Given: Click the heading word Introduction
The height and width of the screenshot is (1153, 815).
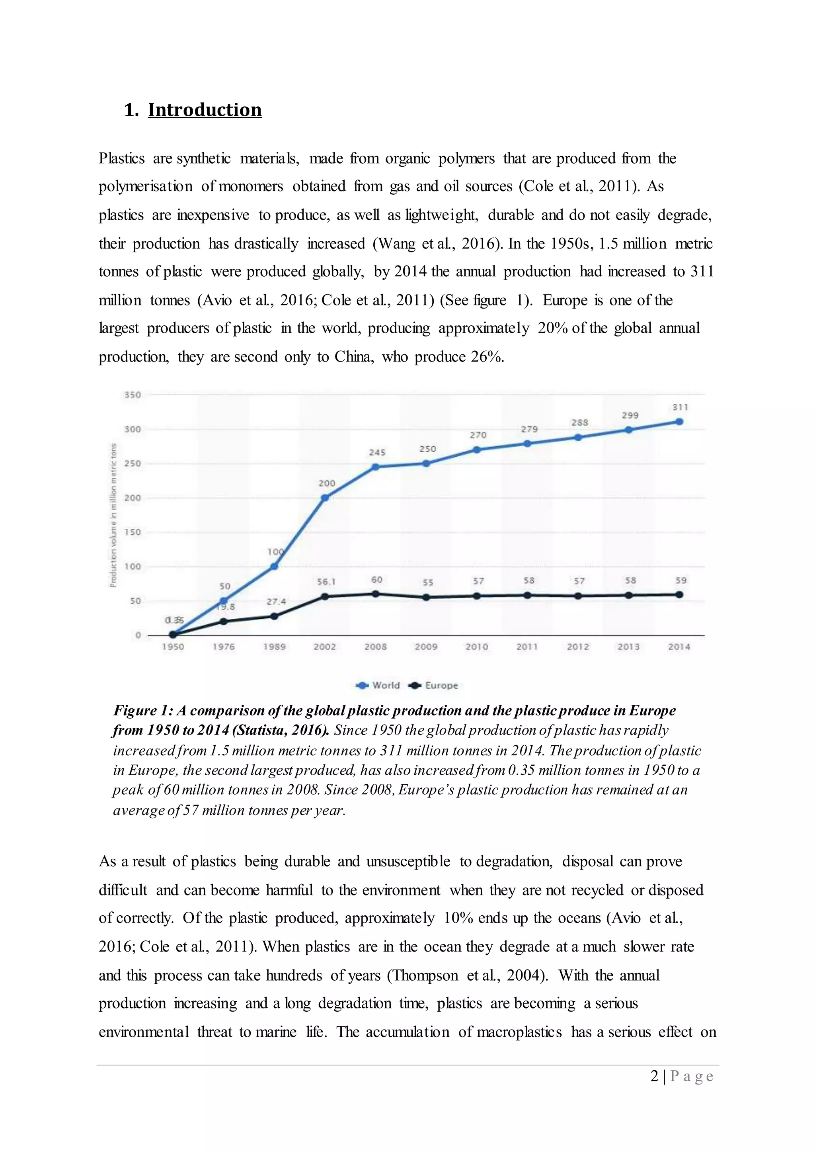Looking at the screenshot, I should point(205,110).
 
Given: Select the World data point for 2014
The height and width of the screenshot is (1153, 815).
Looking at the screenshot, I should point(679,422).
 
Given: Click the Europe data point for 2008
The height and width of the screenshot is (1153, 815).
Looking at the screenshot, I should point(375,594).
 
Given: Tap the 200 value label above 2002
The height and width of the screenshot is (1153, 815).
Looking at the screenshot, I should point(327,483).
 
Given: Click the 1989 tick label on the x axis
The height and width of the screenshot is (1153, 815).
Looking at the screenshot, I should point(275,647).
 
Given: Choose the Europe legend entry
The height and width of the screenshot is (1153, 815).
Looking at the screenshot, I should point(434,686).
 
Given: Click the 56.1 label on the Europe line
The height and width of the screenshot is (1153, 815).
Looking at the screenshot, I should point(326,582).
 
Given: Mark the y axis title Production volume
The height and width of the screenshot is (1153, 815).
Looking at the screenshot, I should point(113,515).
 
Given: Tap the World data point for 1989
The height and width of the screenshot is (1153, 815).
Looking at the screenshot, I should point(275,567).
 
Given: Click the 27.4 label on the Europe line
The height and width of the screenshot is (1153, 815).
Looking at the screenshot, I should point(276,601).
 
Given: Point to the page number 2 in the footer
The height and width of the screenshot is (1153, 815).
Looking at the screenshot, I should point(654,1076).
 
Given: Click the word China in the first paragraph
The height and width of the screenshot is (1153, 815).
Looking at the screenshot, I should point(353,357).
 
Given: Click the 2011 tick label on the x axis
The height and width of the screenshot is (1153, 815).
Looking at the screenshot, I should point(527,647).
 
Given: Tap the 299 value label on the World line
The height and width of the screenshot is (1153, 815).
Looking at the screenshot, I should point(630,415).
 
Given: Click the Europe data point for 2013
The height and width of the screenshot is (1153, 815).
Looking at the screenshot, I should point(628,595).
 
